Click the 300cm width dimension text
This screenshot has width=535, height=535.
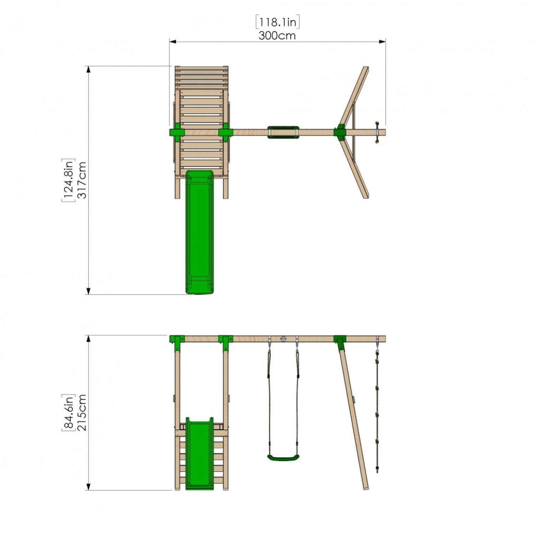(277, 36)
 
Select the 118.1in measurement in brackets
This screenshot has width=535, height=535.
(277, 22)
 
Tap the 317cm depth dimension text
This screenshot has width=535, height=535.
(82, 180)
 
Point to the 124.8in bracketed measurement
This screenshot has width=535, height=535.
(68, 180)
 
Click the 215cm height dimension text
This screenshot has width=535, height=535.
(82, 412)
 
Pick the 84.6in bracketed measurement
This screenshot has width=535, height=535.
(68, 412)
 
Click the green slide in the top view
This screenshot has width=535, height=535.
(199, 232)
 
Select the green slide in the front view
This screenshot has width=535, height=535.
(199, 453)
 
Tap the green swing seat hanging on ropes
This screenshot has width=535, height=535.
(283, 458)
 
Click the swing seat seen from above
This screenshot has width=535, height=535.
(283, 132)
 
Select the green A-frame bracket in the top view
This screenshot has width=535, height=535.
(340, 132)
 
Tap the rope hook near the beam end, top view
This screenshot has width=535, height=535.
(377, 132)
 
